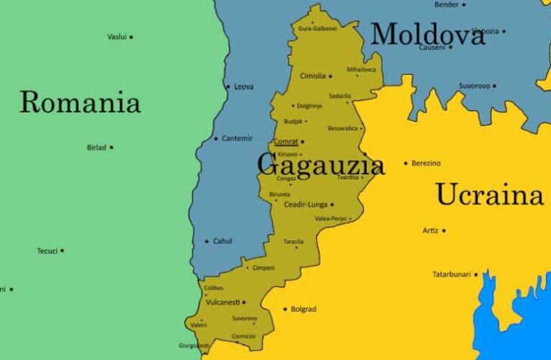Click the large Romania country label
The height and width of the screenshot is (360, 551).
pyautogui.click(x=79, y=102)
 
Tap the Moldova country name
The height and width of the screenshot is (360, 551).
pyautogui.click(x=428, y=34)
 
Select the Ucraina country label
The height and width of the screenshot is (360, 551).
pyautogui.click(x=489, y=194)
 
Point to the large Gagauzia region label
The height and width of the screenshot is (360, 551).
pyautogui.click(x=321, y=165)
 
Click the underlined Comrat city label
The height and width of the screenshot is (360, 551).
pyautogui.click(x=286, y=142)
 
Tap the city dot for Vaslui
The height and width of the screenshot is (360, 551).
pyautogui.click(x=131, y=37)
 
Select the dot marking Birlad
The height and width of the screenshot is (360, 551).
pyautogui.click(x=112, y=148)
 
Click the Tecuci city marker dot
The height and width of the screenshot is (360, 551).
pyautogui.click(x=62, y=251)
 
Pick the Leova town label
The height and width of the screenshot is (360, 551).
pyautogui.click(x=243, y=87)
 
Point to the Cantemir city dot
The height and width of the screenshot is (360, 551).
pyautogui.click(x=215, y=138)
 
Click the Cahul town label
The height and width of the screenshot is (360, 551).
pyautogui.click(x=223, y=241)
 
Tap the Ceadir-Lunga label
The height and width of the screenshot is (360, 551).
pyautogui.click(x=305, y=204)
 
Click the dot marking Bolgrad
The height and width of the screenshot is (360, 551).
pyautogui.click(x=285, y=310)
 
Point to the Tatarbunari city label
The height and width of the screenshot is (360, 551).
pyautogui.click(x=452, y=274)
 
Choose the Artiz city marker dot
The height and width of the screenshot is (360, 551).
pyautogui.click(x=444, y=231)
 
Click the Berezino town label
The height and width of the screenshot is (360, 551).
pyautogui.click(x=426, y=163)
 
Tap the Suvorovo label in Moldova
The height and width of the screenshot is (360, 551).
pyautogui.click(x=475, y=86)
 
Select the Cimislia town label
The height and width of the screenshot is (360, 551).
pyautogui.click(x=313, y=76)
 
